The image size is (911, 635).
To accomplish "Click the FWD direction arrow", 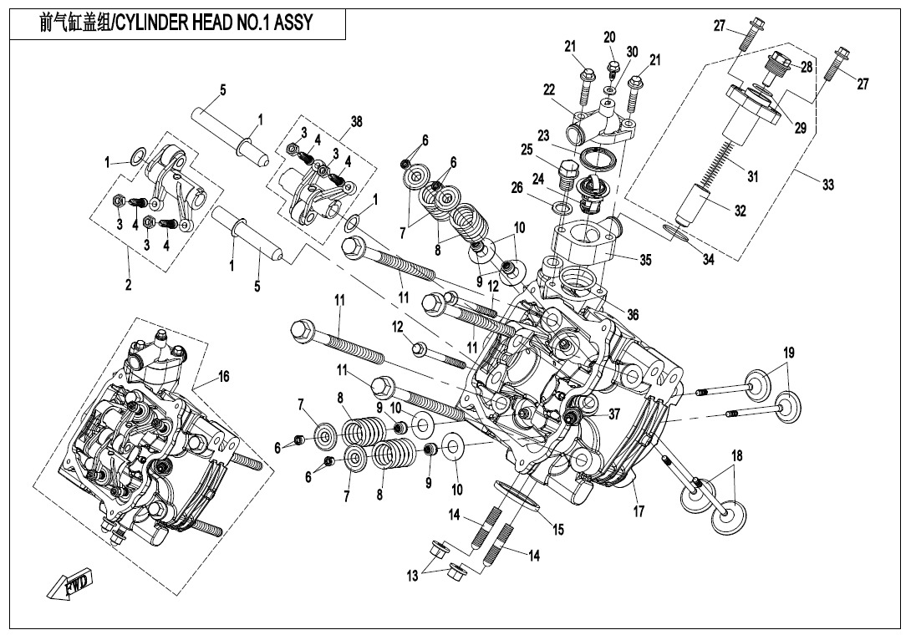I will pos(69,585).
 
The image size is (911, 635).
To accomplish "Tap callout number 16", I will pos(224,377).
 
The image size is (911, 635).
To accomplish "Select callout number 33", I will pos(827,185).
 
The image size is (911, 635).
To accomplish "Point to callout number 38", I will pos(356,121).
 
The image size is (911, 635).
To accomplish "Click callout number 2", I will pos(129,286).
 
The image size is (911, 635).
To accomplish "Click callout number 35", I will pos(644,260).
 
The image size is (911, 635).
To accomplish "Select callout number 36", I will pos(632,314).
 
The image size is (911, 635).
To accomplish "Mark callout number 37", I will pos(614,414).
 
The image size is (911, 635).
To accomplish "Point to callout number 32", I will pos(740,211).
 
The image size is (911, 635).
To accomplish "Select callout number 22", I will pos(549,89).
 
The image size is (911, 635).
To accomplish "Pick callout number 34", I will pos(709,260).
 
